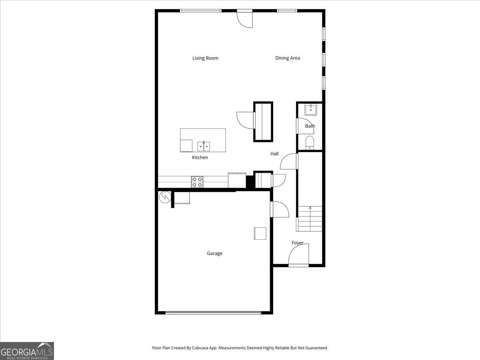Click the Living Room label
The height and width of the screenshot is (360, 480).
[x=205, y=58]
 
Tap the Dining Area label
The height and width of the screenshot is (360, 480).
[x=287, y=58]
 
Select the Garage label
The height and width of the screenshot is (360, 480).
[x=214, y=253]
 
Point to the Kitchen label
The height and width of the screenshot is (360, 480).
[x=200, y=157]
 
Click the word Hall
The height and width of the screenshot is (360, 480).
[x=274, y=154]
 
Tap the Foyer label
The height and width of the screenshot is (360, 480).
[x=298, y=243]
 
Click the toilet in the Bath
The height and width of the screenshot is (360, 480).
[x=310, y=142]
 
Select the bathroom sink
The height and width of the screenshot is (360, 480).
[x=310, y=110]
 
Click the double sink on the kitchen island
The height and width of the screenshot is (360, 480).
[x=204, y=146]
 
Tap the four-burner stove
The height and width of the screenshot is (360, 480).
[x=197, y=182]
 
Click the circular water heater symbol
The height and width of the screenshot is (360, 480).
[x=165, y=197]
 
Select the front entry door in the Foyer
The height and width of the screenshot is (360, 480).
[x=298, y=255]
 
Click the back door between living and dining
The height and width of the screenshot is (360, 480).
[x=245, y=19]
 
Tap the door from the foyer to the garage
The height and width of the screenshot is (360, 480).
[x=280, y=209]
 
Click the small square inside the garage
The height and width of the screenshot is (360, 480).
[x=260, y=234]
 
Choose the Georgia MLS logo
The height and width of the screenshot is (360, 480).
[x=27, y=351]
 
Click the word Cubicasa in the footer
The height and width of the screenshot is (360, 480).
[x=200, y=348]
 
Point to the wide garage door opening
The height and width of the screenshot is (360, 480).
[x=213, y=313]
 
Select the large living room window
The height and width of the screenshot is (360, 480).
[x=201, y=11]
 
